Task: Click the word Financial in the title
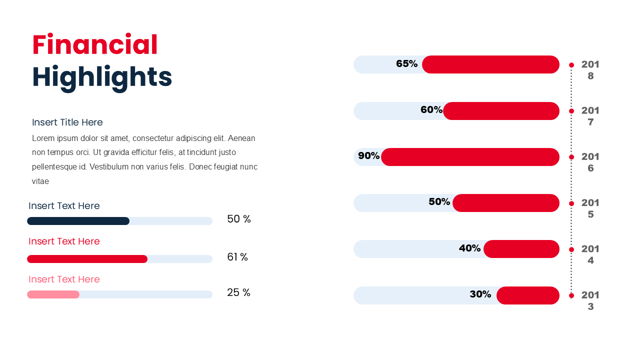tap(95, 45)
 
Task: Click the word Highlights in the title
tap(102, 77)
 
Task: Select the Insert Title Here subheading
tap(67, 122)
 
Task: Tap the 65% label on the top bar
tap(406, 64)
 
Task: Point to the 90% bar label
tap(368, 156)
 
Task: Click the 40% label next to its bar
tap(469, 248)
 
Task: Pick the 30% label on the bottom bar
tap(480, 294)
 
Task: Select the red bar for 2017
tap(501, 111)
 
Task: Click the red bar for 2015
tap(506, 203)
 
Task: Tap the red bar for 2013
tap(528, 295)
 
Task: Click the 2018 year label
tap(590, 70)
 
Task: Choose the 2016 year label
tap(590, 162)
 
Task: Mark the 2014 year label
tap(590, 254)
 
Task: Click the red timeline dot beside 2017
tap(571, 111)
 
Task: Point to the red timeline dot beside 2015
tap(571, 203)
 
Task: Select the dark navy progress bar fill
tap(78, 221)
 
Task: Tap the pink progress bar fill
tap(53, 294)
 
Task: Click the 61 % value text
tap(237, 257)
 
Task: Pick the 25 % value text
tap(238, 292)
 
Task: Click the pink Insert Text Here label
tap(64, 279)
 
